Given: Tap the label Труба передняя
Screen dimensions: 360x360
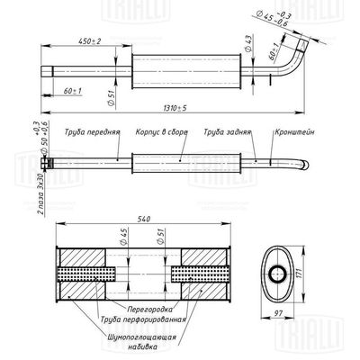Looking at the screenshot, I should [93, 131].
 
